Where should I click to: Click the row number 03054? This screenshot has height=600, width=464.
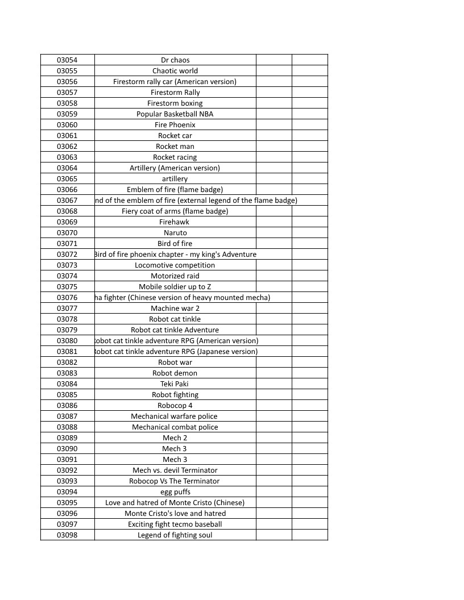pos(67,60)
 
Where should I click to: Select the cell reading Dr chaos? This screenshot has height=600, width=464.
pos(175,60)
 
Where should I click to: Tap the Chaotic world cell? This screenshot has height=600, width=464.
pos(175,70)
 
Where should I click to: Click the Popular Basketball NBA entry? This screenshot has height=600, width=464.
pos(175,114)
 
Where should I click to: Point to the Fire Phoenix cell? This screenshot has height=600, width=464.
pos(175,124)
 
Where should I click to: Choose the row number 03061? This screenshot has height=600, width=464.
pos(67,135)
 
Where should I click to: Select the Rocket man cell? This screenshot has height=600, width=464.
pos(175,146)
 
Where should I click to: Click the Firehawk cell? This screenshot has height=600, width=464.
pos(175,222)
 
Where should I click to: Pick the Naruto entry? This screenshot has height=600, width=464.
pos(175,232)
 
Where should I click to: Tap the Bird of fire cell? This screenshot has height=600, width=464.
pos(175,243)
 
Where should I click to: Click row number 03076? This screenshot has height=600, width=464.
pos(67,297)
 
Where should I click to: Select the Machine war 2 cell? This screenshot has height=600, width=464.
pos(175,308)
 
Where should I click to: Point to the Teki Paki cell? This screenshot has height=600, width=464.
pos(175,384)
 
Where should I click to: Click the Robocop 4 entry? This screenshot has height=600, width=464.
pos(175,405)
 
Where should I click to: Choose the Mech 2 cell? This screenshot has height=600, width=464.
pos(175,438)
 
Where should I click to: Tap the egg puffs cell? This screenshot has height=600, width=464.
pos(175,491)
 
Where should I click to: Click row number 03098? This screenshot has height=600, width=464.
pos(67,535)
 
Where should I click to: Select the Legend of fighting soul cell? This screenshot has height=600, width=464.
pos(175,535)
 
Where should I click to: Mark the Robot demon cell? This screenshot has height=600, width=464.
pos(175,373)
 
